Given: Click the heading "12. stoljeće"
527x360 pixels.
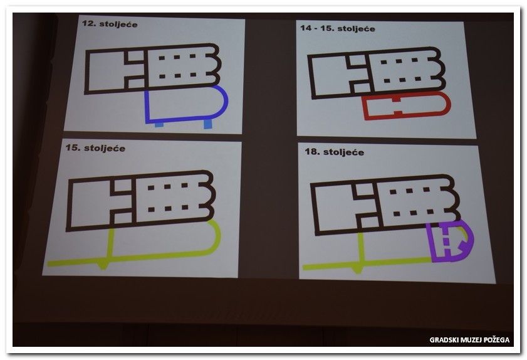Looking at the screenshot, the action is pos(110,24).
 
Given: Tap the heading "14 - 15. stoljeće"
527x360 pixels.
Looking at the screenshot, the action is pos(337,28).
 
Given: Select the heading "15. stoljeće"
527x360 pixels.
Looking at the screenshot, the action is pos(95,148).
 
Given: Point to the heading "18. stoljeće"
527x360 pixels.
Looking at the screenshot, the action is pos(334,152).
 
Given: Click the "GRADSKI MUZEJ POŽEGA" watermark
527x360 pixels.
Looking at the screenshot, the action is pos(469,340).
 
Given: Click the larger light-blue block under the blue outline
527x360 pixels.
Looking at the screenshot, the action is pos(207,124).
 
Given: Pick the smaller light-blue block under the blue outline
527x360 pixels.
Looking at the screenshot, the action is pos(159,125).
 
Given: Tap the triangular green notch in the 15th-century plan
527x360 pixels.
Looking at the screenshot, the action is pos(103,266).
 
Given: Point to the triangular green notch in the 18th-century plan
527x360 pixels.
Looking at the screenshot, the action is pos(358,270).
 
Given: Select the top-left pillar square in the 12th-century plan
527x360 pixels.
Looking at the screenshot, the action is pos(162,58).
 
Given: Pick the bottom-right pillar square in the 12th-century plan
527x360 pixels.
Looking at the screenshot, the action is pos(193,75).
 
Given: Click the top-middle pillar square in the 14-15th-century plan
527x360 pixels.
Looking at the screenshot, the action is pos(399,61).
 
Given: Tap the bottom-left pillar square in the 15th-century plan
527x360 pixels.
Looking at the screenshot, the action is pos(151,209).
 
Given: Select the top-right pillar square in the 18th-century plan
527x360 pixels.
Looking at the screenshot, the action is pos(427,189).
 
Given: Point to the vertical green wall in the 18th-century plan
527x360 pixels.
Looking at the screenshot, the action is pos(362,248).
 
